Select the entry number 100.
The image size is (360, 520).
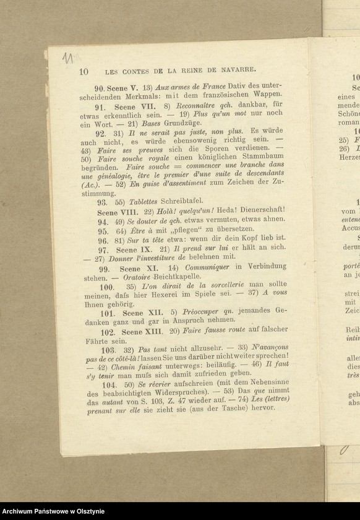coord(106,288)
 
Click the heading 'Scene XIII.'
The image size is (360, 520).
coord(144,332)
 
